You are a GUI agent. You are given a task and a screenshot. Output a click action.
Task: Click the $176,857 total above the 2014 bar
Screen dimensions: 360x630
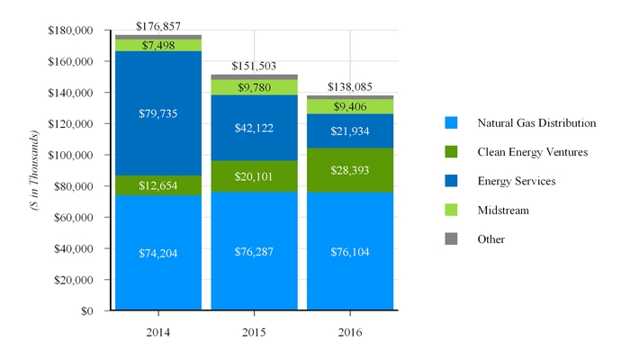click(158, 27)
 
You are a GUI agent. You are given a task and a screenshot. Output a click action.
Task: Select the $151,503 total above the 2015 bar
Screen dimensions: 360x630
click(254, 67)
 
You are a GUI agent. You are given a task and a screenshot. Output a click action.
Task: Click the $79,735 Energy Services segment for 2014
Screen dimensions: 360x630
click(158, 113)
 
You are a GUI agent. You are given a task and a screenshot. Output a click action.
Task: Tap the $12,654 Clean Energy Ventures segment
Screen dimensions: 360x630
click(158, 185)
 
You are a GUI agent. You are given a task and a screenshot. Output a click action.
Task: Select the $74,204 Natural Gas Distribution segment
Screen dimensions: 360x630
click(158, 253)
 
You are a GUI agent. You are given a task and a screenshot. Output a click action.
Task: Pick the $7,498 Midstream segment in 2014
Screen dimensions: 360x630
click(158, 45)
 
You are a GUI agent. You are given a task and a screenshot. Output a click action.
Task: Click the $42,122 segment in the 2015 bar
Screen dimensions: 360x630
click(254, 128)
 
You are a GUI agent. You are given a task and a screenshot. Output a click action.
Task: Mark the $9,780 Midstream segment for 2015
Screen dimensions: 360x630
click(254, 87)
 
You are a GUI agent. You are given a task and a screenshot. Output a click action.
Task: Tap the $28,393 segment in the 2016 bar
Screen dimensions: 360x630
click(350, 170)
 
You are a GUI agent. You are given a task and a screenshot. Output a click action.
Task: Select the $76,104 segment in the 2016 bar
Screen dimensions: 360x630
click(350, 253)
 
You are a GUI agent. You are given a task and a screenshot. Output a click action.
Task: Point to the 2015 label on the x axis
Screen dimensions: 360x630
click(254, 333)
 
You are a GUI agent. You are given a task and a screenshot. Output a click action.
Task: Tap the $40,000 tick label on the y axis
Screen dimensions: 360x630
click(72, 248)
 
